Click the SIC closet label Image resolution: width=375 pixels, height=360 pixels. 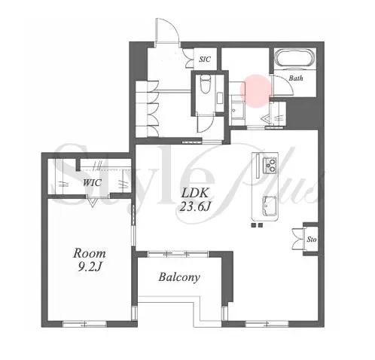tap(205, 59)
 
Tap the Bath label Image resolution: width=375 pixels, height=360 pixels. tap(296, 78)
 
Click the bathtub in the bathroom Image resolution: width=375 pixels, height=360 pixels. tap(295, 58)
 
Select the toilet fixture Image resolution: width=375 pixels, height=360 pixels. tap(206, 84)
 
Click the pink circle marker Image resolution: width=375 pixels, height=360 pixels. tap(256, 91)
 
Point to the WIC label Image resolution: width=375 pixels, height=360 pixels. tap(93, 182)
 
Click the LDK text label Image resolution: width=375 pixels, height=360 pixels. tap(195, 194)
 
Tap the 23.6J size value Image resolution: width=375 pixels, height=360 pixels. tap(195, 207)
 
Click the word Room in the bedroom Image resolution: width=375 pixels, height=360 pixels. tap(90, 253)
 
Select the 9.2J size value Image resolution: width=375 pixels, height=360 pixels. tap(90, 267)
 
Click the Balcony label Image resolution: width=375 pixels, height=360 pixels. tap(179, 277)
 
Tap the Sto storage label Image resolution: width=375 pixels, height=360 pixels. tap(312, 239)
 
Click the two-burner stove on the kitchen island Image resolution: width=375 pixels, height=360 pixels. tap(270, 165)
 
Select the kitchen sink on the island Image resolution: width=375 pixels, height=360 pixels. tap(270, 206)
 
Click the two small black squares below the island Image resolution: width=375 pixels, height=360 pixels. tap(257, 225)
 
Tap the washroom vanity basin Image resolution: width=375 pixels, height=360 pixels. tap(237, 111)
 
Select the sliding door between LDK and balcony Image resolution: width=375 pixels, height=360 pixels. tap(178, 254)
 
